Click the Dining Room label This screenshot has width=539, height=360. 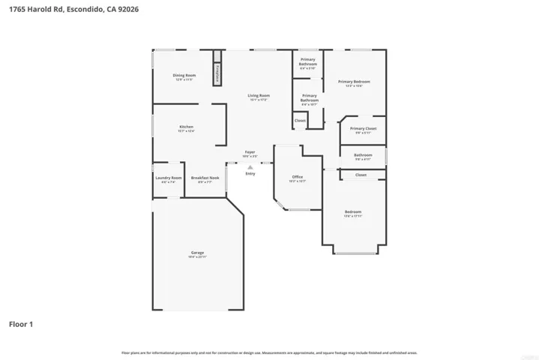click(x=184, y=76)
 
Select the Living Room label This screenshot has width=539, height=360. click(x=259, y=96)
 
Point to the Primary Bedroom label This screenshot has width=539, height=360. click(x=354, y=82)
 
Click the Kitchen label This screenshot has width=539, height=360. click(x=186, y=127)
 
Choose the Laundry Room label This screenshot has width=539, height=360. click(x=168, y=178)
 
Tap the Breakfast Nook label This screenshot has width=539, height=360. click(x=205, y=178)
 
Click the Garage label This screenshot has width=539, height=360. click(x=197, y=253)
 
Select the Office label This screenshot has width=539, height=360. click(x=297, y=178)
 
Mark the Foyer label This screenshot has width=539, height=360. click(x=250, y=152)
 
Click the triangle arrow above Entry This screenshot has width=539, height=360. click(x=250, y=167)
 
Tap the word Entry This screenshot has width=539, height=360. click(x=250, y=173)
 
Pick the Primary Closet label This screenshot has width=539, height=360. click(x=363, y=129)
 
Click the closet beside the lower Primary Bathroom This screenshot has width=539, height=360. click(x=300, y=120)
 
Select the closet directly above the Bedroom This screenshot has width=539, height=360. click(x=361, y=175)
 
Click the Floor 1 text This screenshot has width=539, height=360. click(x=21, y=325)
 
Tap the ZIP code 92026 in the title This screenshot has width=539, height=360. click(x=127, y=10)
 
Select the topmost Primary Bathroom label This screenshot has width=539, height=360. click(x=308, y=61)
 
